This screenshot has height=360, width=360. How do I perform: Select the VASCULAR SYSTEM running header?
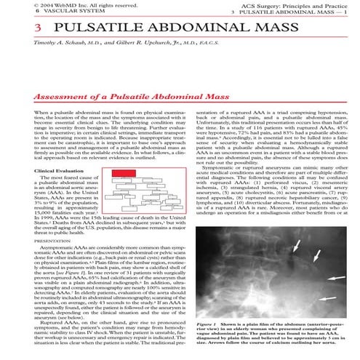[36, 12]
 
